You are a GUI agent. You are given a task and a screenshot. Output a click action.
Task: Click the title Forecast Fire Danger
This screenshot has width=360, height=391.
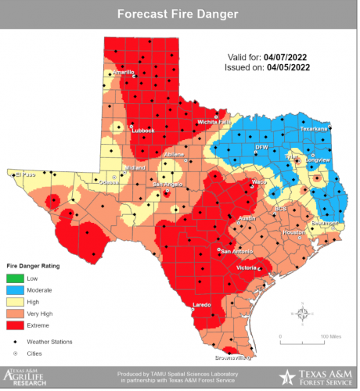179,13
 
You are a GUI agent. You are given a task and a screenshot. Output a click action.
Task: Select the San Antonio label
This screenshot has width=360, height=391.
236,251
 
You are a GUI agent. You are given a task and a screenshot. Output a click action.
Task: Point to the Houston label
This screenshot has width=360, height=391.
293,232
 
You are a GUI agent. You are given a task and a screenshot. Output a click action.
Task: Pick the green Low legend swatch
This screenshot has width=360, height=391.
16,278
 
